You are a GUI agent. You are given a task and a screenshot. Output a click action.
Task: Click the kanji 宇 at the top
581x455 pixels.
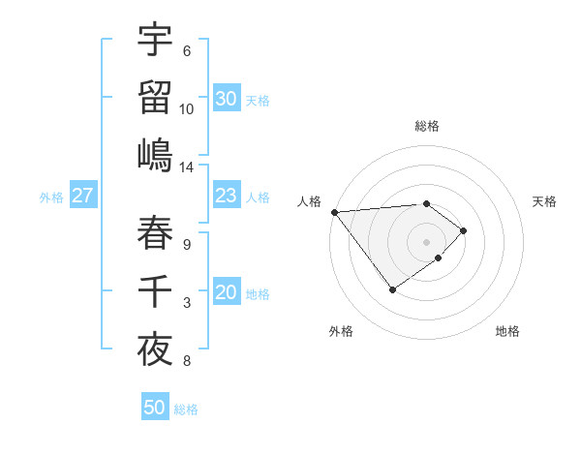tap(155, 40)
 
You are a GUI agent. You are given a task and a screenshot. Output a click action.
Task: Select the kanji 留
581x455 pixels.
tap(155, 97)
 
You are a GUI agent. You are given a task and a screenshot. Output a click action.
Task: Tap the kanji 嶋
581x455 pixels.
tap(155, 155)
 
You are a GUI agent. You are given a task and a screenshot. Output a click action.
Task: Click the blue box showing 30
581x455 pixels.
tap(226, 99)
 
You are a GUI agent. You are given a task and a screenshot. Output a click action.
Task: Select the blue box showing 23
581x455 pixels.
tap(226, 197)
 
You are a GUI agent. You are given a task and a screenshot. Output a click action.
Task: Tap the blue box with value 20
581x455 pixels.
tap(226, 293)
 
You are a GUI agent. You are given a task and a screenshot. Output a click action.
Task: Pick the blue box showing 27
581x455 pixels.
tap(82, 197)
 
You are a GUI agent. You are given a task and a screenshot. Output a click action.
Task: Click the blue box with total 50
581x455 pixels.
tap(155, 408)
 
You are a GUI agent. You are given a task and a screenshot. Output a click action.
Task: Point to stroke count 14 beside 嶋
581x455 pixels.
tap(187, 167)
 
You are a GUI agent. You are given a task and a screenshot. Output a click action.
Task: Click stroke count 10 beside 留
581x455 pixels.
tap(187, 109)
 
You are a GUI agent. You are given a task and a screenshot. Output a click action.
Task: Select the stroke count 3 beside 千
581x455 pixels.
tap(187, 304)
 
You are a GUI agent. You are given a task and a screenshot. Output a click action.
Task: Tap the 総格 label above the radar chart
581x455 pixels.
tap(426, 126)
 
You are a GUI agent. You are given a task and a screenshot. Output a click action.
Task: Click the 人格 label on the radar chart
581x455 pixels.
tap(310, 201)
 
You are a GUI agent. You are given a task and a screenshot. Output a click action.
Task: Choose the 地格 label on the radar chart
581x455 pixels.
tap(507, 331)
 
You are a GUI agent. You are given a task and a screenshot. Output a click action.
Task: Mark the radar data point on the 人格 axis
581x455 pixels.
tap(334, 211)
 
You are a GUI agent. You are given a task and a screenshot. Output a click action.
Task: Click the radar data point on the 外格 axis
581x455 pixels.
tap(392, 288)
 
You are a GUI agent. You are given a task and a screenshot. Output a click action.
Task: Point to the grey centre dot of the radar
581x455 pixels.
tap(426, 240)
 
